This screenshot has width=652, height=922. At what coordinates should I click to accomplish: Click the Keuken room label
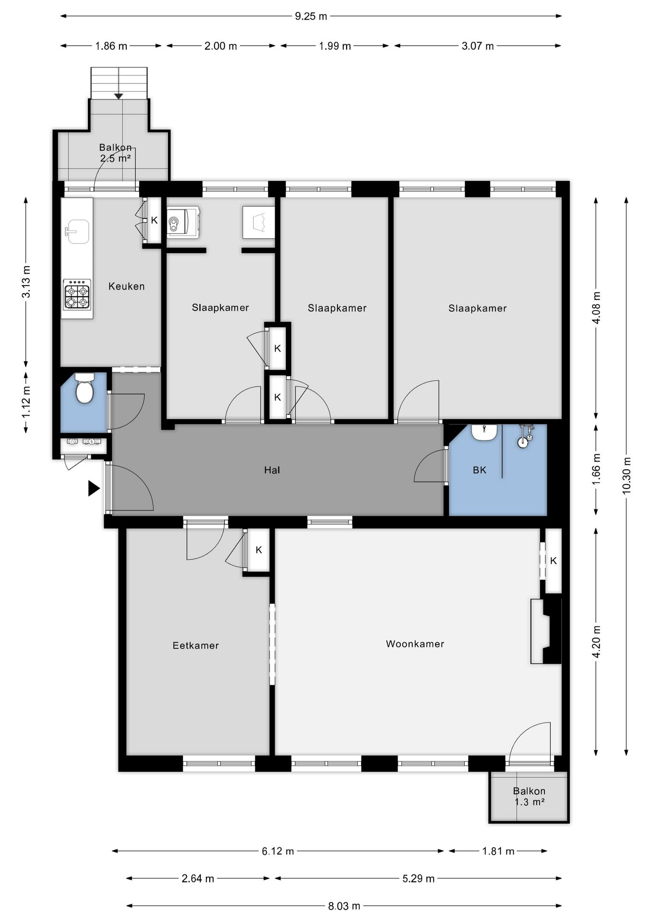pyautogui.click(x=126, y=286)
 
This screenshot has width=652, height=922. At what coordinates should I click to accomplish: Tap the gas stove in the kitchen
pyautogui.click(x=77, y=293)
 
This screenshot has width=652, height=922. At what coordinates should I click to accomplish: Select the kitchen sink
pyautogui.click(x=77, y=231)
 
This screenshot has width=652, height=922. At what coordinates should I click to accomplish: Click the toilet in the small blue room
pyautogui.click(x=85, y=388)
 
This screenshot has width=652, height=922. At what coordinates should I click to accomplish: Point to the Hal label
pyautogui.click(x=272, y=470)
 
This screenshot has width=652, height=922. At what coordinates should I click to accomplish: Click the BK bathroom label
pyautogui.click(x=480, y=470)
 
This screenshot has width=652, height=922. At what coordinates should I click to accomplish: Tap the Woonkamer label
pyautogui.click(x=415, y=643)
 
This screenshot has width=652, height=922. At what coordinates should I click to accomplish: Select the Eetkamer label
pyautogui.click(x=195, y=645)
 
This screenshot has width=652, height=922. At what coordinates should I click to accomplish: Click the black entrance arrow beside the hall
pyautogui.click(x=94, y=488)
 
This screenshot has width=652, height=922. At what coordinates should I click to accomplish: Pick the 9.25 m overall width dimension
pyautogui.click(x=311, y=16)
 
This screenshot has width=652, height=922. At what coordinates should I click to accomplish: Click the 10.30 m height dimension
pyautogui.click(x=627, y=475)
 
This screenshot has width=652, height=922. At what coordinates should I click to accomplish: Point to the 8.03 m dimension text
pyautogui.click(x=344, y=906)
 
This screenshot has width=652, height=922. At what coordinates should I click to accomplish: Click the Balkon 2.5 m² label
pyautogui.click(x=115, y=153)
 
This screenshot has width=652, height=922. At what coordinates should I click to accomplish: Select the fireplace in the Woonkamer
pyautogui.click(x=546, y=631)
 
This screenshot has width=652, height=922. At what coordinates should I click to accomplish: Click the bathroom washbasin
pyautogui.click(x=484, y=432)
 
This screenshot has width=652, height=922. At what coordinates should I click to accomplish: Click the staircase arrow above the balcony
pyautogui.click(x=119, y=96)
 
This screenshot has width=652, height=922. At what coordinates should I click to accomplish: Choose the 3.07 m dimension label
pyautogui.click(x=477, y=46)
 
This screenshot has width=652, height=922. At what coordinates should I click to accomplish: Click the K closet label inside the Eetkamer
pyautogui.click(x=259, y=550)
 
